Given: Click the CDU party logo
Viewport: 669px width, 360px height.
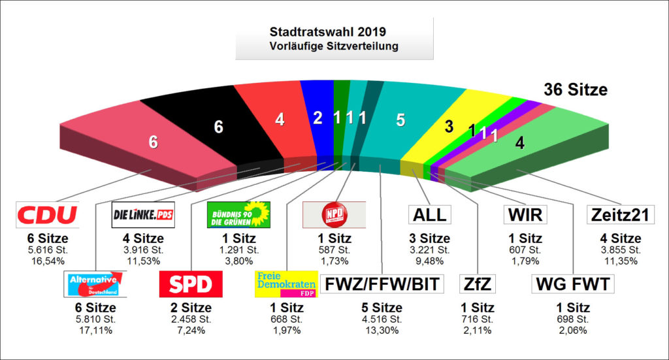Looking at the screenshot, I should pos(47,214).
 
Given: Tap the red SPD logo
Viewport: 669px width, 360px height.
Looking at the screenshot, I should pos(191,284).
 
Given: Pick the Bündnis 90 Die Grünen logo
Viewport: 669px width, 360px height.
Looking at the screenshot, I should pos(238,214).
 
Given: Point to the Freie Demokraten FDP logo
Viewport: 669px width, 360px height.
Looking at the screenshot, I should pos(286,284).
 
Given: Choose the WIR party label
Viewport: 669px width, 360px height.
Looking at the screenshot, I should pos(525,214).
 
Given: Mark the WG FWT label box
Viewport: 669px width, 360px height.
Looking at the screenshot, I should pos(572,284).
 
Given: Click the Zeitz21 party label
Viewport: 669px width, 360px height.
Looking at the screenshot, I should pos(621,214).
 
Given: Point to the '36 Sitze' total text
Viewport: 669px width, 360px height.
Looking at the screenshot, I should pos(576,90).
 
